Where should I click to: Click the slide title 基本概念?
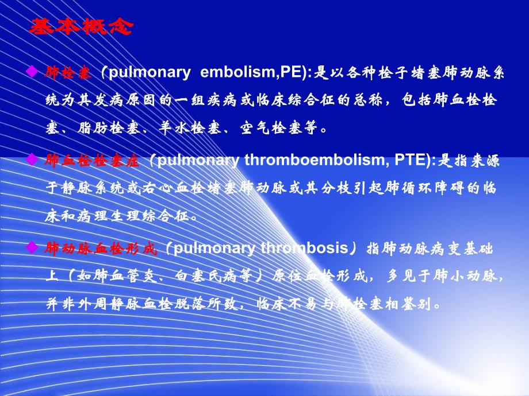(x=81, y=27)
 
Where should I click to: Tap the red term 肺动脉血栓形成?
(x=101, y=249)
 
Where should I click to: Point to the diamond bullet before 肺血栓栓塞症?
(x=32, y=161)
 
